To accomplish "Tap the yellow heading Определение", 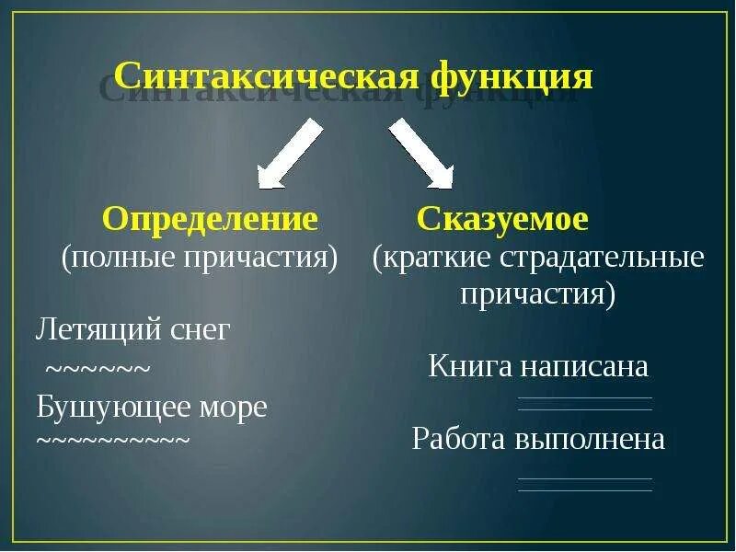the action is click(211, 219).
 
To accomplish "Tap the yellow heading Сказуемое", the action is click(501, 219).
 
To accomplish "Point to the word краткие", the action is click(437, 257).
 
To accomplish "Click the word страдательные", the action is click(603, 257).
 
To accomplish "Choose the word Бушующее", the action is click(108, 406).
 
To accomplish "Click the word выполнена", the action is click(588, 439).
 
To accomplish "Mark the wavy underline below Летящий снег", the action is click(98, 371).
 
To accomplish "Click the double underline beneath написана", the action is click(584, 404).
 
